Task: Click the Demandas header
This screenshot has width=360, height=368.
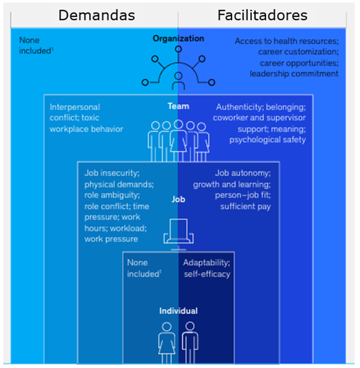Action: (96, 15)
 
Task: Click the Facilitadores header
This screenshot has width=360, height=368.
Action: (262, 15)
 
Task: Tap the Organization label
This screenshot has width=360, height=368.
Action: (178, 39)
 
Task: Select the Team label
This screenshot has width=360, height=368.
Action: (178, 106)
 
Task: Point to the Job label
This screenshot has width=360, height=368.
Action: (178, 199)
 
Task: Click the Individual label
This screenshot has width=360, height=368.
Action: (178, 311)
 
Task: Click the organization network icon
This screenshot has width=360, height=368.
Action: (178, 71)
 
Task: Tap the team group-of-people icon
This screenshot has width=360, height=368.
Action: (178, 140)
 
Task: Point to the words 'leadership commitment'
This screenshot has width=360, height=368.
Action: (294, 73)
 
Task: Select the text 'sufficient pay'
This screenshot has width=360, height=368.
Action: (245, 206)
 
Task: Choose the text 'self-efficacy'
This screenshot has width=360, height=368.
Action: (207, 274)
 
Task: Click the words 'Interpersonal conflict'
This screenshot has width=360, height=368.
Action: (75, 113)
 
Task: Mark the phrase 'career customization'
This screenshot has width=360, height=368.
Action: (298, 52)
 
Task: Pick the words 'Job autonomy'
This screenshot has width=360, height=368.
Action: (243, 173)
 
